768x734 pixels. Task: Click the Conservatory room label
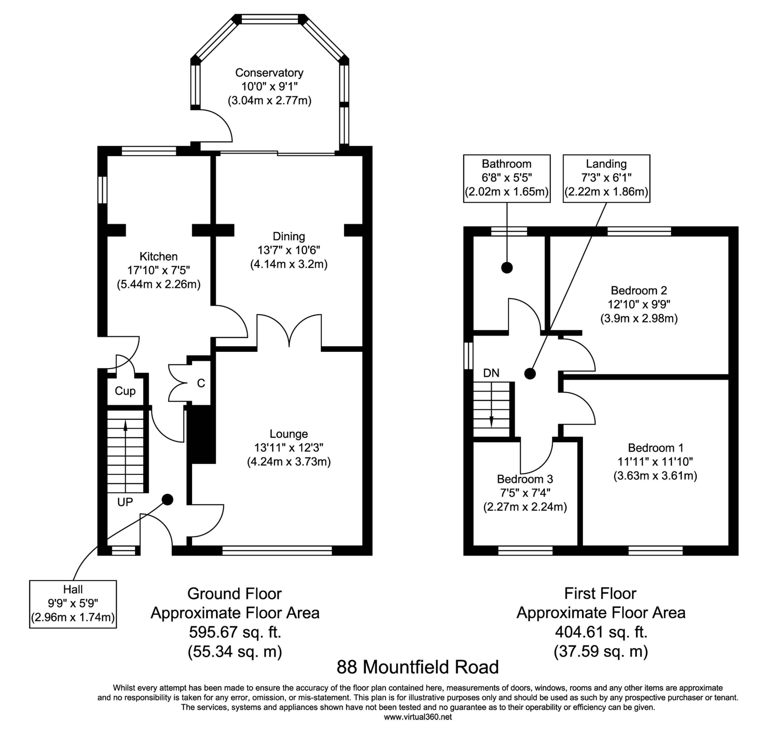[269, 73]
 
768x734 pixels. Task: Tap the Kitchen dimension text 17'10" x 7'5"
[158, 270]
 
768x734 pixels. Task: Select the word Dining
[289, 236]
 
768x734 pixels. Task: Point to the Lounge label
[289, 434]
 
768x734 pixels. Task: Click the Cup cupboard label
[125, 391]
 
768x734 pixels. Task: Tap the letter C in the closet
[201, 383]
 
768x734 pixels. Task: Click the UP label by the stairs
[125, 502]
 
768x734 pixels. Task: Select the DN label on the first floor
[491, 373]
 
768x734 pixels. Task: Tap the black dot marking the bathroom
[507, 268]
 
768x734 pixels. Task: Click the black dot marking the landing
[530, 374]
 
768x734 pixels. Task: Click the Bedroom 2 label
[638, 290]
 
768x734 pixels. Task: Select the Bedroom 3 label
[525, 479]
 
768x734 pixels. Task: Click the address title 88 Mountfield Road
[418, 667]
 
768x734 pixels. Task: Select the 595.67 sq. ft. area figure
[235, 632]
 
